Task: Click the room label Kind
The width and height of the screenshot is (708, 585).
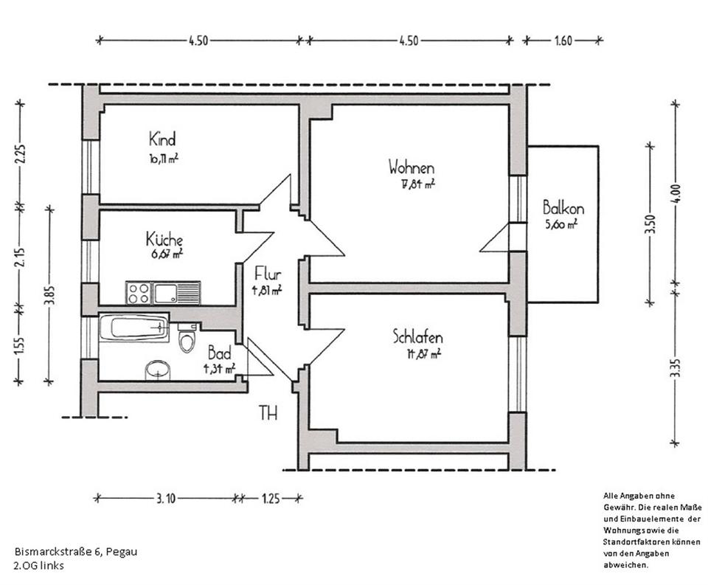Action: pos(162,139)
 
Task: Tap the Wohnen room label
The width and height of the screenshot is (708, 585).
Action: pos(412,168)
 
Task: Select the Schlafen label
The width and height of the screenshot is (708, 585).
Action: pos(417,338)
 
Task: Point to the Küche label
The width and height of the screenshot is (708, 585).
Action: pos(164,240)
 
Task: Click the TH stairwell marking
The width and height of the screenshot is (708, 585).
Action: pos(268,414)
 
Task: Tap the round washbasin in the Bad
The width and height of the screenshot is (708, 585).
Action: pos(157,370)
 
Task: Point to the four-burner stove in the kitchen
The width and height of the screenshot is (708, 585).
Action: pos(139,293)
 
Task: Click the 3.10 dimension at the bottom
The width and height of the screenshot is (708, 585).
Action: pos(165,499)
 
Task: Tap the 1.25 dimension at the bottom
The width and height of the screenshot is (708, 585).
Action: pos(271,499)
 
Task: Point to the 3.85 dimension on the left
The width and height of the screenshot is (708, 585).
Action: pos(49,294)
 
